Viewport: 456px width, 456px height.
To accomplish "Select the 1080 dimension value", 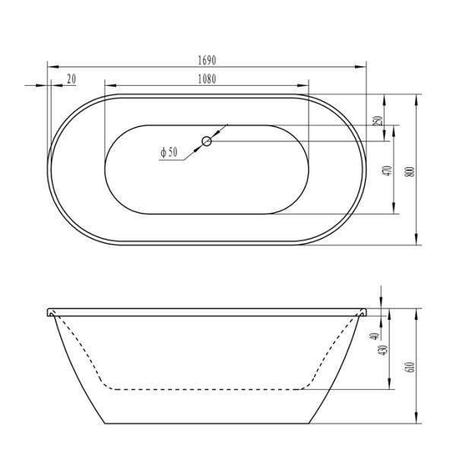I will (207, 78).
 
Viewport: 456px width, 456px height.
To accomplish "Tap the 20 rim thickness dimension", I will (71, 78).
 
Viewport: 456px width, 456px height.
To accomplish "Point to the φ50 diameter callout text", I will (169, 153).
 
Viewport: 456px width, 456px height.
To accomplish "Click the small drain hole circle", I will (207, 141).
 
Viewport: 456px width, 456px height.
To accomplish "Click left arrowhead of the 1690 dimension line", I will (52, 66).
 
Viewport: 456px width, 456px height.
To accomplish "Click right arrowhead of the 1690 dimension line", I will (362, 66).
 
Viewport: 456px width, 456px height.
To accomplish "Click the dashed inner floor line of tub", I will (205, 389).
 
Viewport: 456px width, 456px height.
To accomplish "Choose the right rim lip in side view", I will (362, 312).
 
